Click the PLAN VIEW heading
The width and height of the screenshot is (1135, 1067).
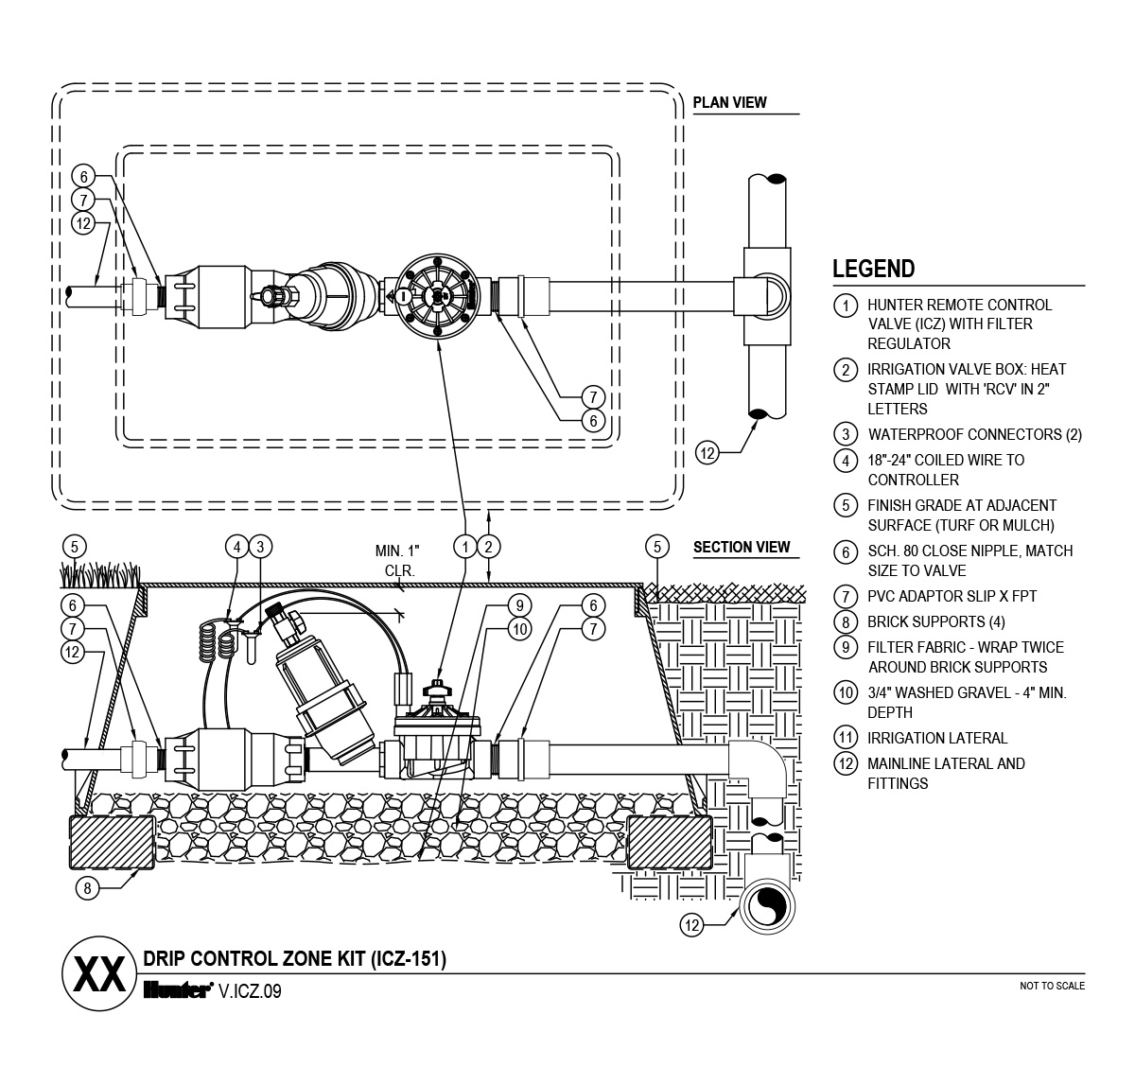pyautogui.click(x=729, y=102)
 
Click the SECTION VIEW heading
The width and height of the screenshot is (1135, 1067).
pyautogui.click(x=742, y=548)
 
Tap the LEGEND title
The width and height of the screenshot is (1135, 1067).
pyautogui.click(x=873, y=269)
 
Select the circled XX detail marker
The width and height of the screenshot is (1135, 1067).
pyautogui.click(x=99, y=973)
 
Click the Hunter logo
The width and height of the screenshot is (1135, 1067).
pyautogui.click(x=179, y=990)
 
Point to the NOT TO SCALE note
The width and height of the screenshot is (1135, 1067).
pyautogui.click(x=1052, y=986)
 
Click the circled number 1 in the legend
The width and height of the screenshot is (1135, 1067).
pyautogui.click(x=846, y=306)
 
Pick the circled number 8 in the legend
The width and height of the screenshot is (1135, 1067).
pyautogui.click(x=846, y=622)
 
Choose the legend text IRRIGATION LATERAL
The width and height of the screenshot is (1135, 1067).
pyautogui.click(x=937, y=738)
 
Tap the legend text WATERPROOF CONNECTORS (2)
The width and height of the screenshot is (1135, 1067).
pyautogui.click(x=975, y=434)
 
